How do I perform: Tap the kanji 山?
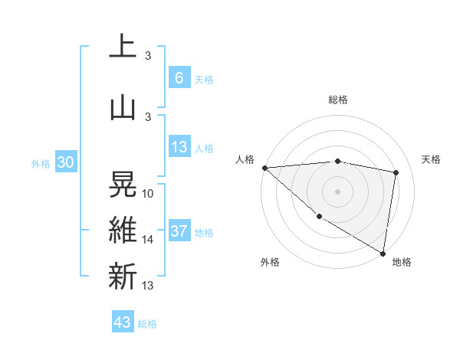123,107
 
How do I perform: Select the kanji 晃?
123,183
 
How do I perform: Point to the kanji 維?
123,230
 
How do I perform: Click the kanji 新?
123,276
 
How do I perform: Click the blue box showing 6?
179,77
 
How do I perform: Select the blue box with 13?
179,147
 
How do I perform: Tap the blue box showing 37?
179,231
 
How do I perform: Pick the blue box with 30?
66,162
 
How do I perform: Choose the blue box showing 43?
123,322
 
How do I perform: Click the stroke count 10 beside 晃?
148,194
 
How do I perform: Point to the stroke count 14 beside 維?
148,240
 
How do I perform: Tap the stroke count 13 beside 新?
148,286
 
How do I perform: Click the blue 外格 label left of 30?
41,164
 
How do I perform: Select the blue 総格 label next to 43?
147,324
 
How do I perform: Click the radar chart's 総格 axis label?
338,100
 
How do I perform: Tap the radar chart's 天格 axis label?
432,159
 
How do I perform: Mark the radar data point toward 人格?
264,168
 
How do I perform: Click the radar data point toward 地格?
383,253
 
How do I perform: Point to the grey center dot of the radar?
337,191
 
